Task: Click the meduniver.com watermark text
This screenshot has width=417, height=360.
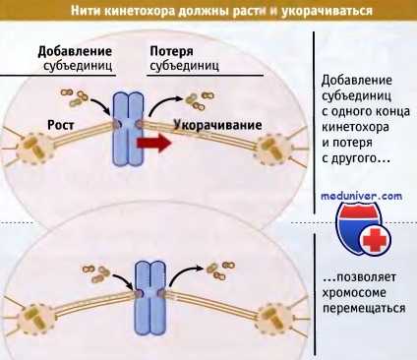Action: [x=361, y=196]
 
